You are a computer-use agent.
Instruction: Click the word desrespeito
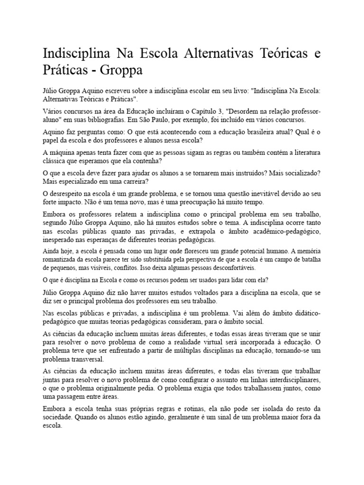pos(72,194)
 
